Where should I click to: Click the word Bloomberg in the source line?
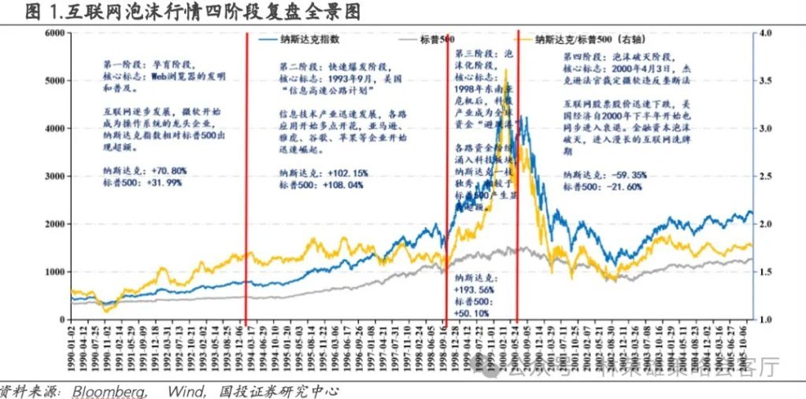point(109,390)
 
